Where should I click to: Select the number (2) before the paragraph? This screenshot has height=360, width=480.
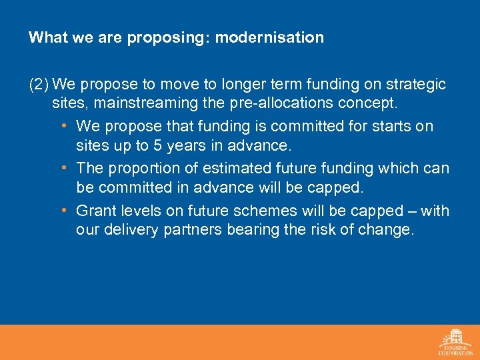39,85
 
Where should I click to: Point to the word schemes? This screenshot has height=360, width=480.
273,211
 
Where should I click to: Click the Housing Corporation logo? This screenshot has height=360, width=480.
455,342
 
